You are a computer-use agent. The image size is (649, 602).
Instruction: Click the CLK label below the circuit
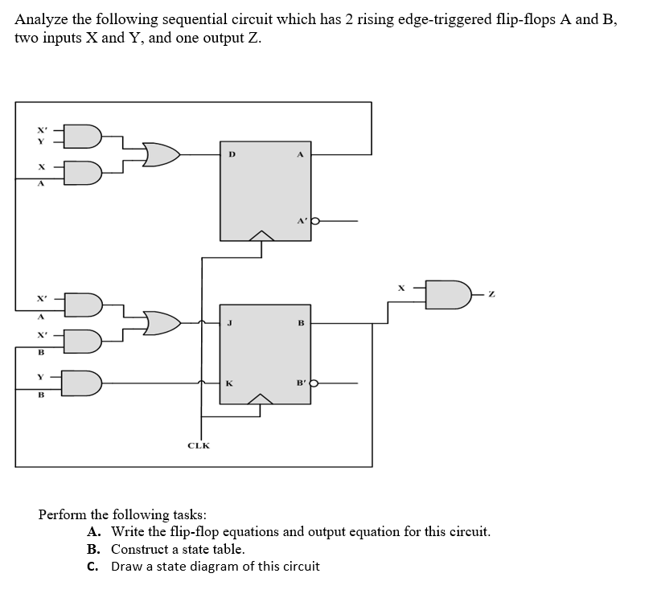(198, 445)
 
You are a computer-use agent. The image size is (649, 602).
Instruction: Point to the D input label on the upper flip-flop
(232, 154)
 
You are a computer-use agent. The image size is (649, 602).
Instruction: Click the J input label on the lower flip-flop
(231, 324)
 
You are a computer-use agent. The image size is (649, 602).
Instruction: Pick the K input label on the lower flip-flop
(231, 384)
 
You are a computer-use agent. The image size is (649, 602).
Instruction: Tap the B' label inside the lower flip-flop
(302, 384)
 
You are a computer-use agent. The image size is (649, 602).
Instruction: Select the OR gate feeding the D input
(161, 154)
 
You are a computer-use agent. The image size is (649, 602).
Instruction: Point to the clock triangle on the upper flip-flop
(261, 235)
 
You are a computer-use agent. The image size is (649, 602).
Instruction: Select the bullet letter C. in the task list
(93, 567)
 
